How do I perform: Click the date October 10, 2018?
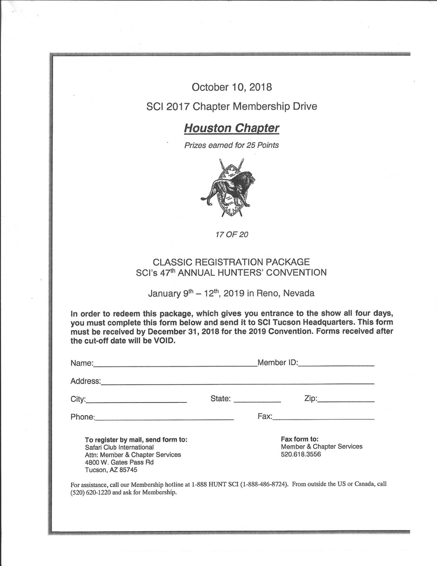(x=232, y=87)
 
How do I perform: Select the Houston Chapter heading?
(x=231, y=128)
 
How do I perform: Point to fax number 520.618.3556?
(x=301, y=454)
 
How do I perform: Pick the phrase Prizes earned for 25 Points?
(x=231, y=145)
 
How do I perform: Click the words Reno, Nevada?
(x=285, y=294)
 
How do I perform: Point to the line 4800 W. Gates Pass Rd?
(x=119, y=462)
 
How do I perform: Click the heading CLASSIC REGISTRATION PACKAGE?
(x=231, y=262)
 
